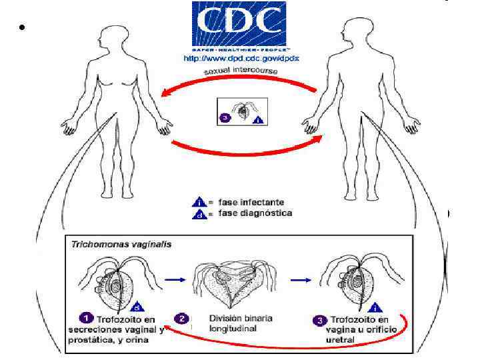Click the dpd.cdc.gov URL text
tap(241, 59)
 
